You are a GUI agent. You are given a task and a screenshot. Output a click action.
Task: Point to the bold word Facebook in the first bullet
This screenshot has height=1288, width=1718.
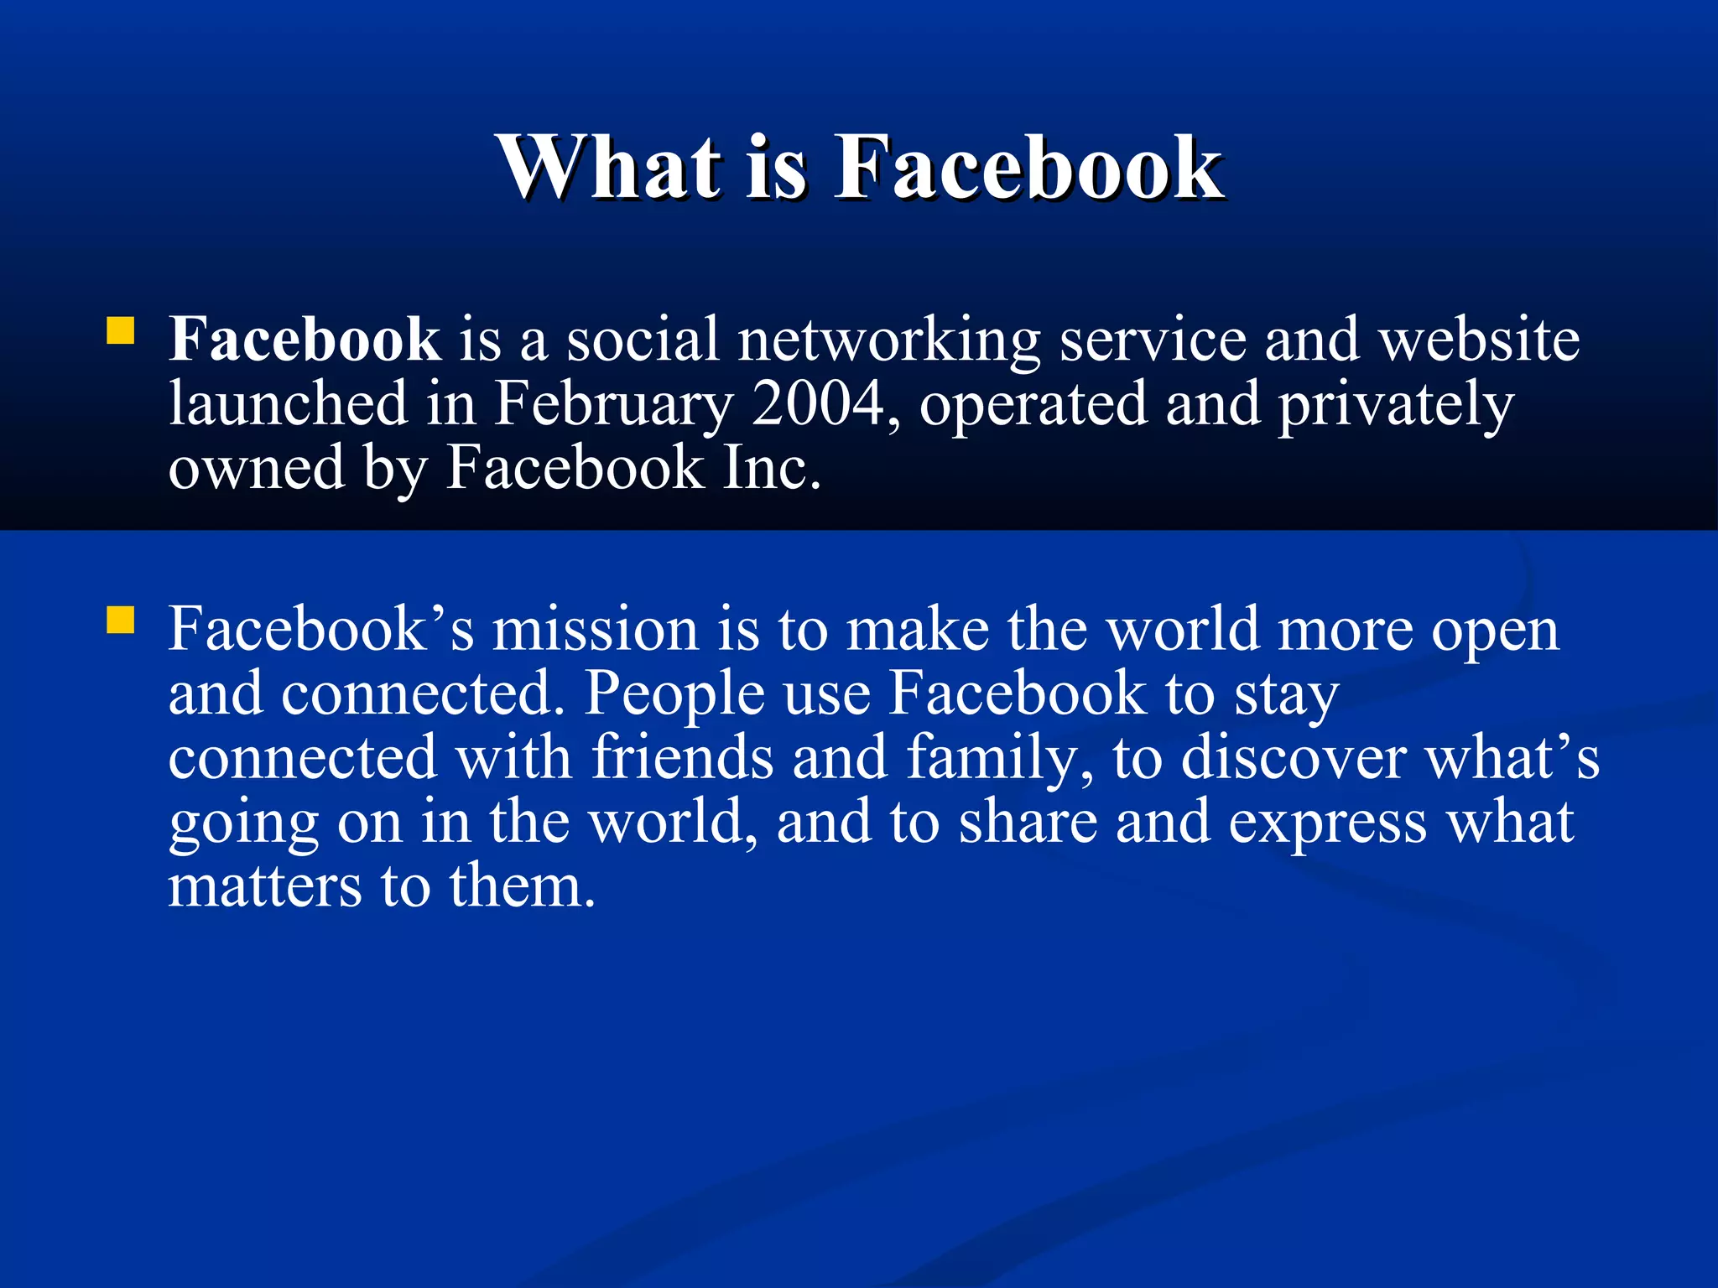click(x=305, y=340)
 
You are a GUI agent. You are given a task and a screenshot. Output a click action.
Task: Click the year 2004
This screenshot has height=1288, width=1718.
click(x=818, y=403)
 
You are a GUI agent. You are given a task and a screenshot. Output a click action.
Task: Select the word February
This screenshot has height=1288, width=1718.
click(x=612, y=405)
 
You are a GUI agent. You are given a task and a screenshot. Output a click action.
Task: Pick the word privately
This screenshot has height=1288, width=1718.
click(x=1396, y=405)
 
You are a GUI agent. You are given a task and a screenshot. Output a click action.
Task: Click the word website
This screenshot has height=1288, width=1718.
click(x=1480, y=340)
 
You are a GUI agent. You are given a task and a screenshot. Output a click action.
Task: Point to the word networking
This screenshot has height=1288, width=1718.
click(x=889, y=341)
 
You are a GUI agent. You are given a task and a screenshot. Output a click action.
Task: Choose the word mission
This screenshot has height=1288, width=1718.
click(x=595, y=629)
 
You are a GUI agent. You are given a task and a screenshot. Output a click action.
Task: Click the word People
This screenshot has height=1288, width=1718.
click(x=674, y=694)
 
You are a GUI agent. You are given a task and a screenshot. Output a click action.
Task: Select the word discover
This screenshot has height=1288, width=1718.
click(x=1293, y=758)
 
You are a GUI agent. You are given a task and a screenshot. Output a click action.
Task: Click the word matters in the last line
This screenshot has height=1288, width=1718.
click(x=265, y=886)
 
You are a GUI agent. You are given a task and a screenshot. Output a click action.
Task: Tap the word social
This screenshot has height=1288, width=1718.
click(x=643, y=340)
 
